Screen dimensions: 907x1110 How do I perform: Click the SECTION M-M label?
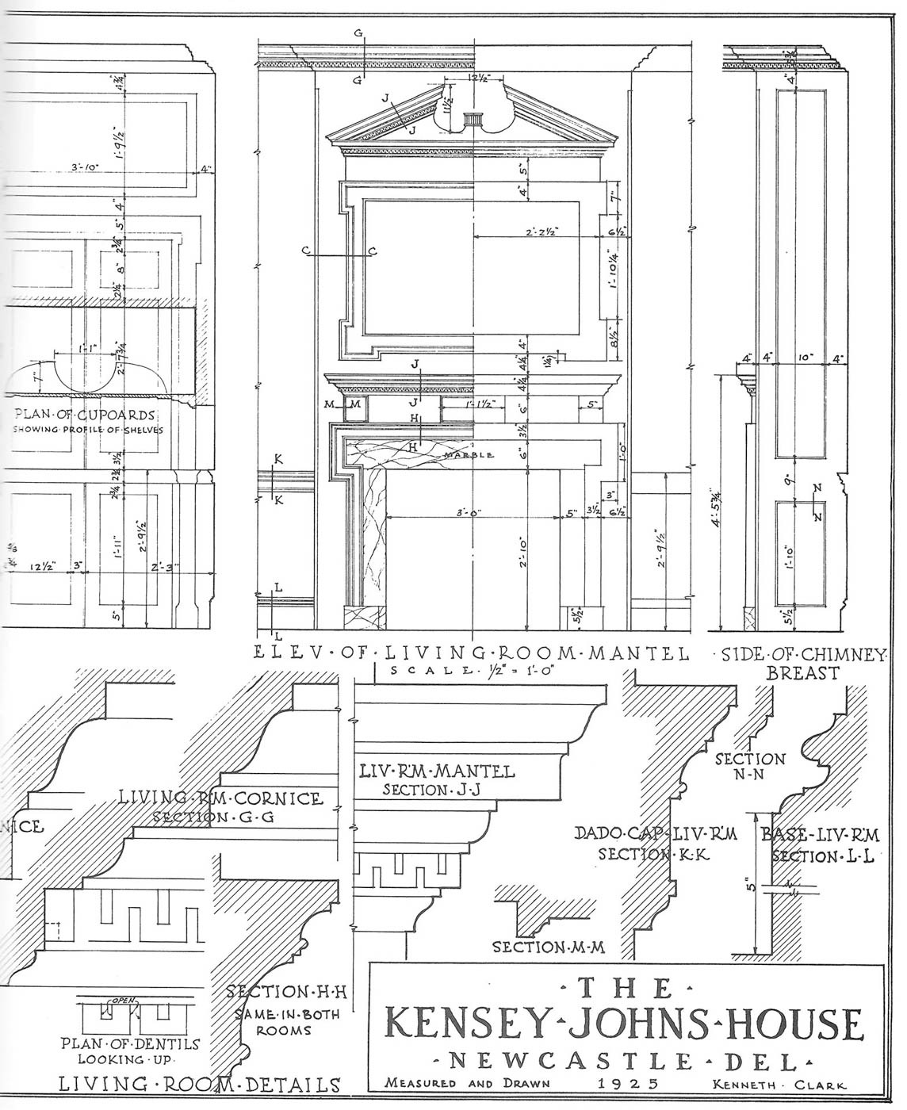[x=549, y=947]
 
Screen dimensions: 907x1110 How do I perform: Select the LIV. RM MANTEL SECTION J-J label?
[x=437, y=779]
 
